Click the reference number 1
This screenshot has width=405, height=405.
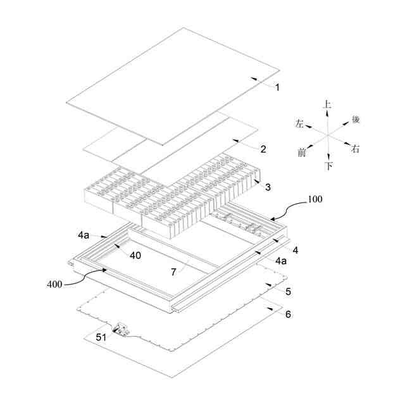coord(277,87)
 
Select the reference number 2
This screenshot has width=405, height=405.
coord(263,149)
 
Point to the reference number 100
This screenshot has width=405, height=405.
coord(315,199)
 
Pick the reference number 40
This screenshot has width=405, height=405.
coord(135,255)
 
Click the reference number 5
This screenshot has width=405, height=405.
coord(289,292)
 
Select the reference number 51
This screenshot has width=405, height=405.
coord(101,337)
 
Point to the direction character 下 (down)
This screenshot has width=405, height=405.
coord(328,166)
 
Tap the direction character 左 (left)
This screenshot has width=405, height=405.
coord(299,124)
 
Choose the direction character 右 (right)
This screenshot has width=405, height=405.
coord(356,149)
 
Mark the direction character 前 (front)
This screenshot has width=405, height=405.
coord(302,153)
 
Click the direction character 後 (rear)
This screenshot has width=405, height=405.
coord(356,120)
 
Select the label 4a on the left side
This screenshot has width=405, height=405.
coord(84,235)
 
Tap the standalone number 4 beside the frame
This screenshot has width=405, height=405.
coord(295,251)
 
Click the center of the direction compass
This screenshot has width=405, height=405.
coord(328,135)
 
